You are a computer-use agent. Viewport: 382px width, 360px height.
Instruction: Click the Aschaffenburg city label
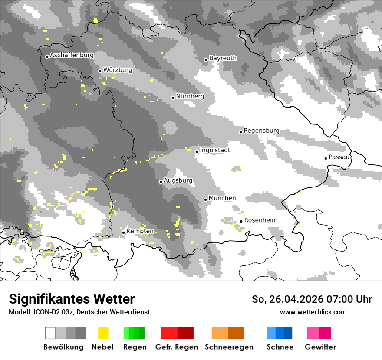tap(72, 56)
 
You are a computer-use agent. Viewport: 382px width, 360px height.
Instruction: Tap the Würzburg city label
tap(118, 70)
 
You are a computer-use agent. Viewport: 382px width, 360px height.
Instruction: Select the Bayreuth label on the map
tap(223, 58)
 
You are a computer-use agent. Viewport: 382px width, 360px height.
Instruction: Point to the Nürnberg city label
tap(190, 96)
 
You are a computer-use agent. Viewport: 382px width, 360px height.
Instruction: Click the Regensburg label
tap(261, 131)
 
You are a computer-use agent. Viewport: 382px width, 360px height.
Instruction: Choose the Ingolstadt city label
tap(215, 150)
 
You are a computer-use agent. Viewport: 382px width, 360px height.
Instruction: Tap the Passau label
tap(339, 157)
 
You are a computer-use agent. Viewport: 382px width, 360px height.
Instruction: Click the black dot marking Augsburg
tap(161, 182)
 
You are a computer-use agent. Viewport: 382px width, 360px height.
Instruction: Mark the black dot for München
tap(206, 200)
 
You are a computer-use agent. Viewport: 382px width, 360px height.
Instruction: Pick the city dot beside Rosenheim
tap(241, 221)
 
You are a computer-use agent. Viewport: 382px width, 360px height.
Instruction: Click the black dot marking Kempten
tap(124, 232)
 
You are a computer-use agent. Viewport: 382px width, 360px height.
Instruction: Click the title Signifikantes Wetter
tap(72, 299)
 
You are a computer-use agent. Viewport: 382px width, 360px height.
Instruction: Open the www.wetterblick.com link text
tap(313, 312)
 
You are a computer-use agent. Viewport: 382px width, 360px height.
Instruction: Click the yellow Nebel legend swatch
tap(103, 333)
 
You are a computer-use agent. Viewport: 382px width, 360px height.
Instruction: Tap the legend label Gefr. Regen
tap(176, 347)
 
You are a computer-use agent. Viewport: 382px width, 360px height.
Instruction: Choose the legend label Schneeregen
tap(229, 347)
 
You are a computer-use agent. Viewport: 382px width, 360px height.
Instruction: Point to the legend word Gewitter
tap(320, 347)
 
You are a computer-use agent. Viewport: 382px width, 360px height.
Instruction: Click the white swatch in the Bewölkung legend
tap(50, 333)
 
